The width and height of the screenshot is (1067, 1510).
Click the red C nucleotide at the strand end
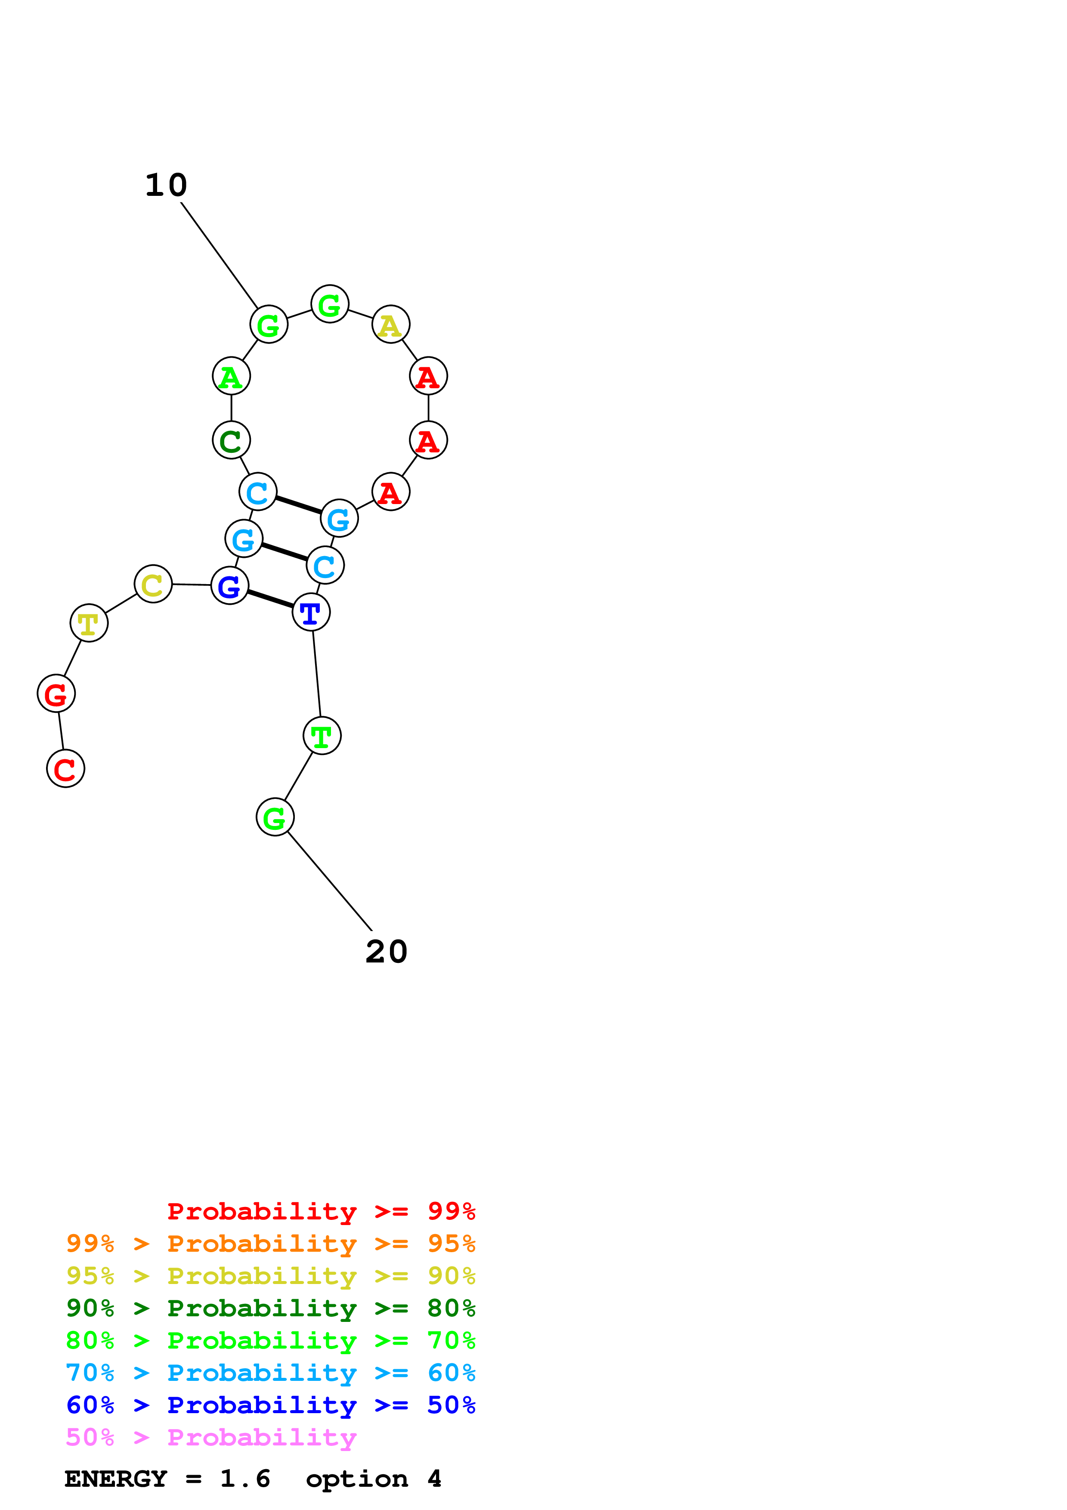pos(66,768)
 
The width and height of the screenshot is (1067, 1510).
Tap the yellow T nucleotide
pos(89,623)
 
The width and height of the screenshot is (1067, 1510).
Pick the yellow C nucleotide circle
pos(153,584)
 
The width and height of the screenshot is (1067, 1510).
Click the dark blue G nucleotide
pos(229,585)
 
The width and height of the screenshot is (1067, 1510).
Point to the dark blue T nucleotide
pos(311,612)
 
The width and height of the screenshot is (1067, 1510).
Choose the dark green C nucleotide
pos(232,440)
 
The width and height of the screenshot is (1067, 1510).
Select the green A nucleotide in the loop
pos(232,376)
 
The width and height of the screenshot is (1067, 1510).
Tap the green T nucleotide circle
pos(322,736)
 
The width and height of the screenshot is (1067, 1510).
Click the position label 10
pos(166,186)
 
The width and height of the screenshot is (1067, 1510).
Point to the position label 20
pos(387,952)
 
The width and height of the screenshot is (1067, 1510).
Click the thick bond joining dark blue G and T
pos(270,598)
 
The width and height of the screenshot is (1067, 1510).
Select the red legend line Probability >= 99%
pos(321,1211)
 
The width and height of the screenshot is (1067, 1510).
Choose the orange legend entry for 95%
pos(271,1244)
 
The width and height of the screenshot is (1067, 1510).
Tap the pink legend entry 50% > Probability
pos(211,1437)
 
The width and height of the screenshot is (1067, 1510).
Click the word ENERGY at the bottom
pos(116,1479)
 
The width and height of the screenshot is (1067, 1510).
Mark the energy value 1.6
pos(245,1479)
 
